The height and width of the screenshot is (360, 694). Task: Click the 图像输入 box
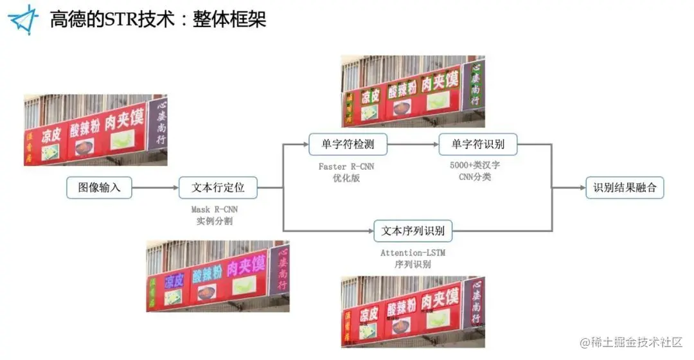click(x=98, y=188)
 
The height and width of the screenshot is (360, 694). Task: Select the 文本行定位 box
click(x=218, y=188)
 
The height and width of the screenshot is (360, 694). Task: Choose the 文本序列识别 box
click(x=413, y=230)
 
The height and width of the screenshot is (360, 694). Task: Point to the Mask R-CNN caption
click(x=218, y=210)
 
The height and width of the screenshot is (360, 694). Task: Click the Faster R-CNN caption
click(x=346, y=166)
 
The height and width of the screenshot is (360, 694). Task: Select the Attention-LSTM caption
click(x=413, y=253)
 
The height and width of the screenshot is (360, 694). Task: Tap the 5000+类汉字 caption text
click(x=475, y=165)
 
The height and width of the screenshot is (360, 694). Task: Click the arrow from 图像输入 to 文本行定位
click(x=154, y=188)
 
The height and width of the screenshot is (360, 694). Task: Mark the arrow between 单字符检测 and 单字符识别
click(x=413, y=145)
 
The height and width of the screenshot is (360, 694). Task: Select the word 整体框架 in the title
click(x=229, y=19)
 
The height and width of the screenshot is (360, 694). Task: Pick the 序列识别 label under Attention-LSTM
click(x=413, y=264)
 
